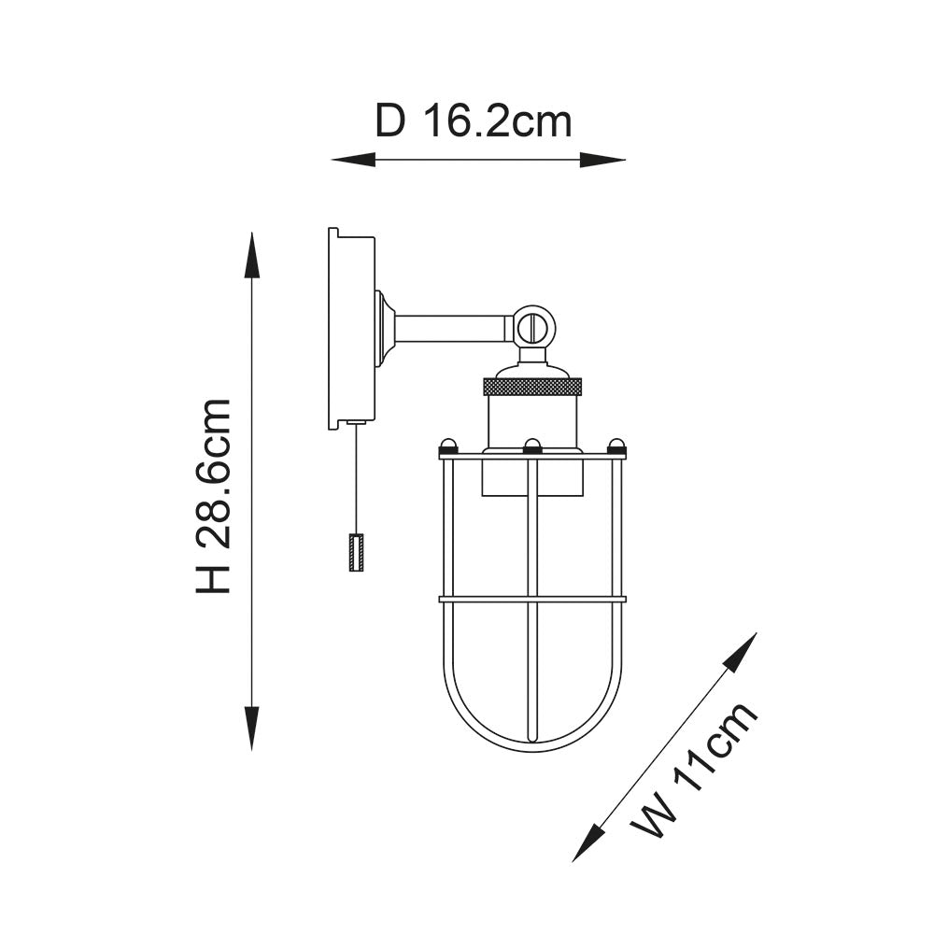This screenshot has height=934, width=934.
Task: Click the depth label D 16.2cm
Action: click(x=473, y=121)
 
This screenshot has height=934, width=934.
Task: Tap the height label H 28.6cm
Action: click(x=214, y=496)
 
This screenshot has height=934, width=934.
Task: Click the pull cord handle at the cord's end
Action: click(x=356, y=553)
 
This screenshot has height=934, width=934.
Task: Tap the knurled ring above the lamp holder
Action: click(x=532, y=386)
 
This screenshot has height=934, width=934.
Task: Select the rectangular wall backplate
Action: click(x=351, y=329)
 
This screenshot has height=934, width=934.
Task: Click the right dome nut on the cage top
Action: click(x=616, y=445)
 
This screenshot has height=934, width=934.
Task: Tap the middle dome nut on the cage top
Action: click(x=532, y=445)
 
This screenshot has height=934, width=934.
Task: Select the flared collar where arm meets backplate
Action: click(x=383, y=329)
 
